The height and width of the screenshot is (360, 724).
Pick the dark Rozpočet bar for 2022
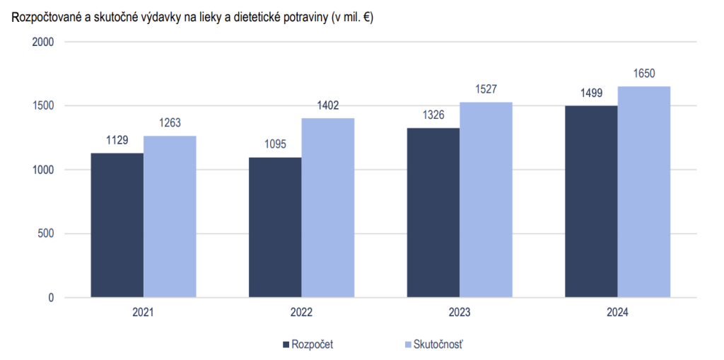click(x=275, y=227)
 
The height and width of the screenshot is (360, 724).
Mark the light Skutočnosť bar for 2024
click(x=644, y=192)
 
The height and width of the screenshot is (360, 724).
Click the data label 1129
click(x=117, y=140)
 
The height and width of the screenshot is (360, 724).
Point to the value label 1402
click(x=328, y=105)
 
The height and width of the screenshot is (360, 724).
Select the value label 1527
click(x=486, y=89)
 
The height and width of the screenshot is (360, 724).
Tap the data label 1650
click(x=644, y=74)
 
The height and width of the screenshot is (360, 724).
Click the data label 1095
click(x=275, y=144)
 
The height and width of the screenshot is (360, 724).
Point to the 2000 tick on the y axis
click(x=44, y=42)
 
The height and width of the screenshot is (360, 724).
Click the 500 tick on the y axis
click(x=47, y=234)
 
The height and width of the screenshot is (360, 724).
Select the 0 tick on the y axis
click(x=51, y=298)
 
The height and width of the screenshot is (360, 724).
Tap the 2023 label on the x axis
click(x=460, y=312)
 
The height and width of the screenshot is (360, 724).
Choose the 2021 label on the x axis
click(x=144, y=312)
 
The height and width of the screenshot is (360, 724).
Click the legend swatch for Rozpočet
click(x=286, y=344)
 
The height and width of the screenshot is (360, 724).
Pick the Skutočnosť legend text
click(x=438, y=344)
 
